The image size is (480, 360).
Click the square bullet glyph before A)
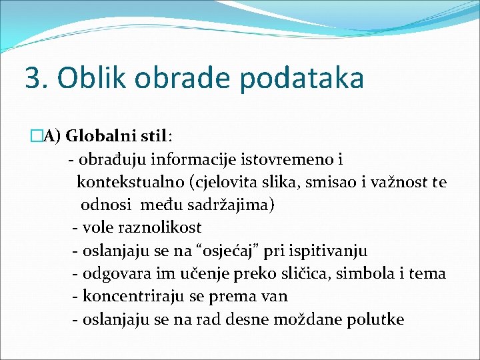click(36, 137)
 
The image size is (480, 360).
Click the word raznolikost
click(158, 227)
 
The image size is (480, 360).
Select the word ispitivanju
click(328, 251)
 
